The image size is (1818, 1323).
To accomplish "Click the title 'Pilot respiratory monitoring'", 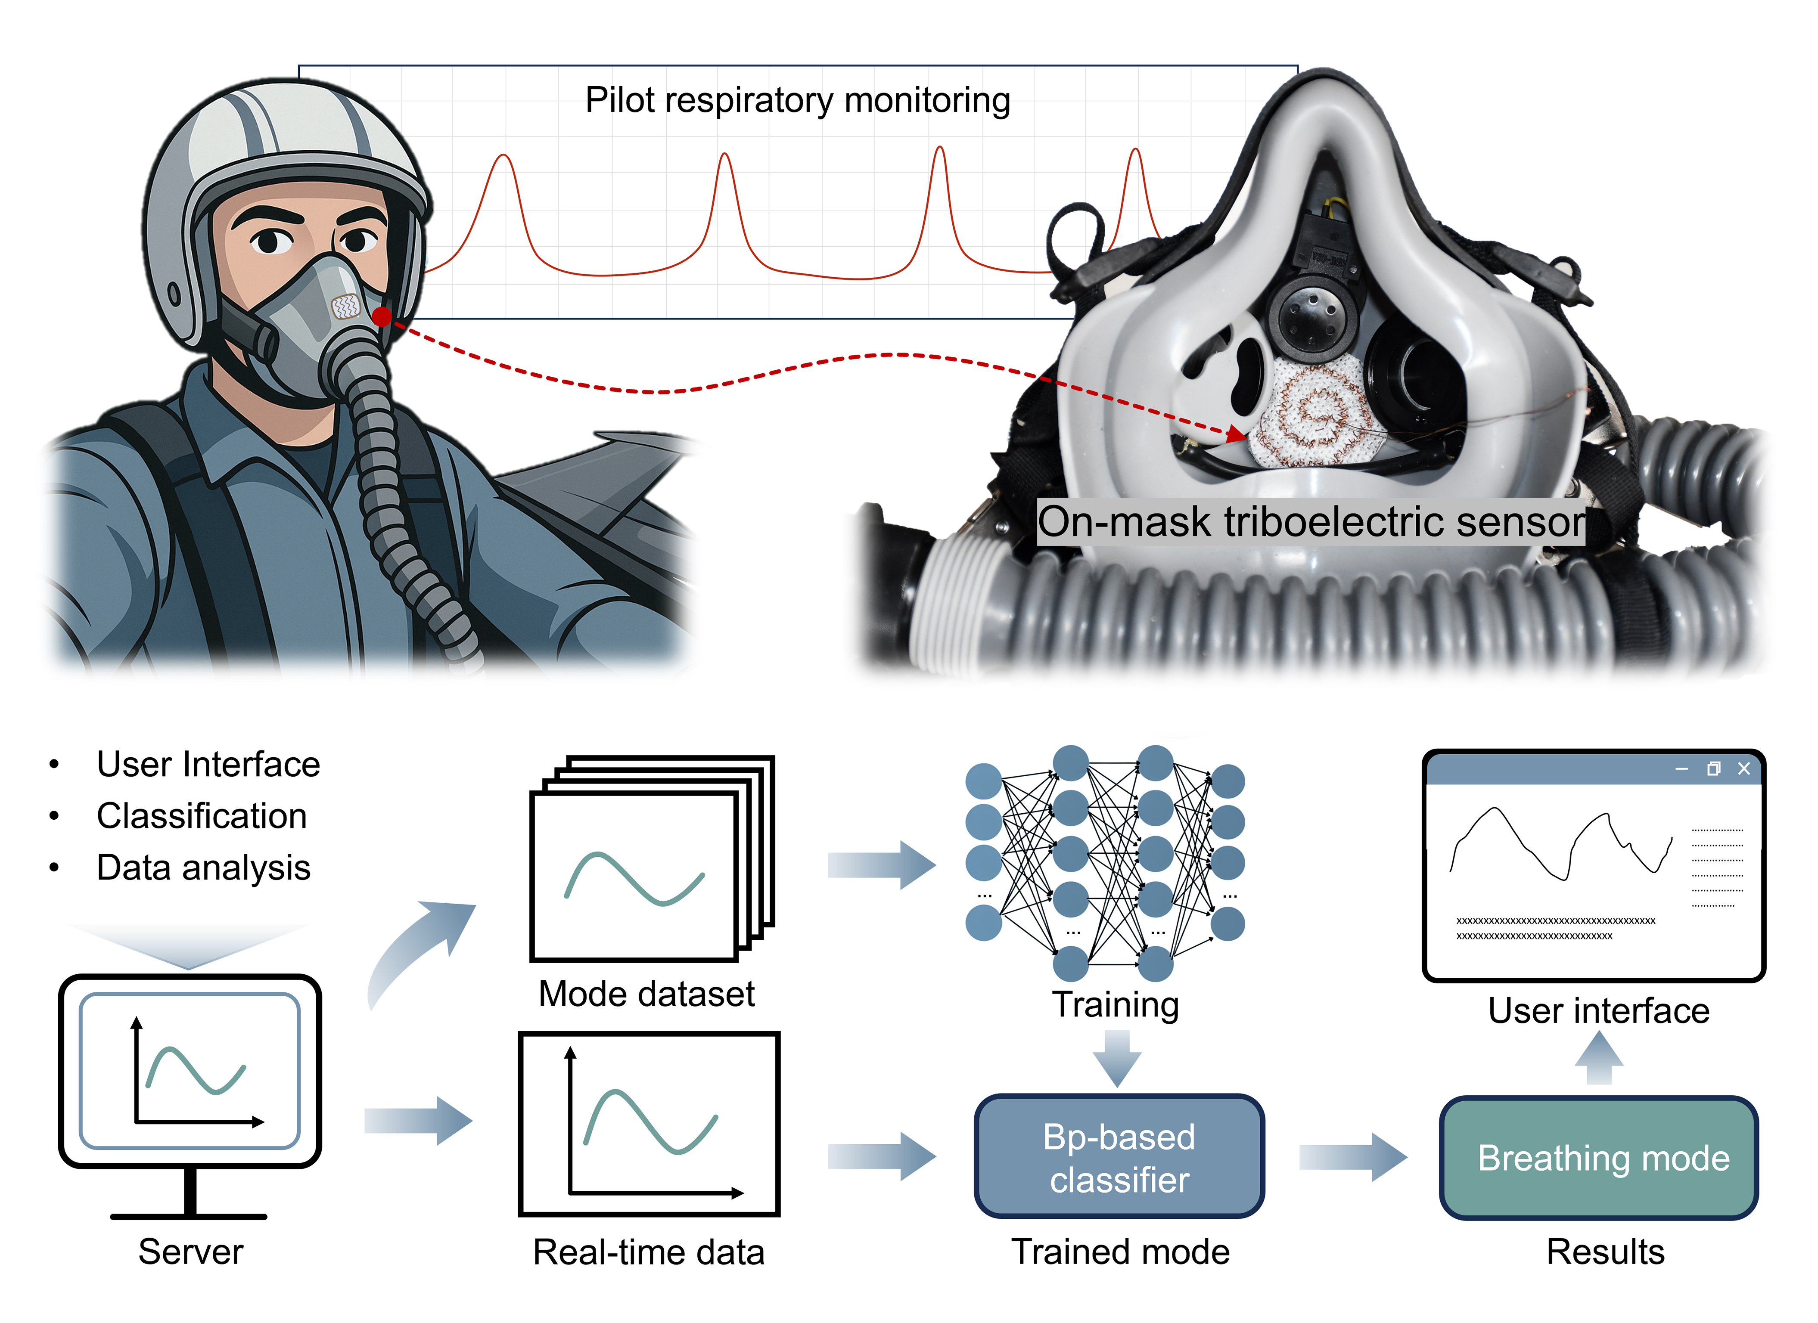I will pyautogui.click(x=798, y=101).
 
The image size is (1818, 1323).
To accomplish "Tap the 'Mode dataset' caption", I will pyautogui.click(x=646, y=995).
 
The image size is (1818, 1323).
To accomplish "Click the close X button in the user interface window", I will pyautogui.click(x=1743, y=768).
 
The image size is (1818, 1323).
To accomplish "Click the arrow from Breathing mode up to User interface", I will pyautogui.click(x=1599, y=1058).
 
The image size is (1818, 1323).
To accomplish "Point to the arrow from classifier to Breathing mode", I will pyautogui.click(x=1353, y=1157).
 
